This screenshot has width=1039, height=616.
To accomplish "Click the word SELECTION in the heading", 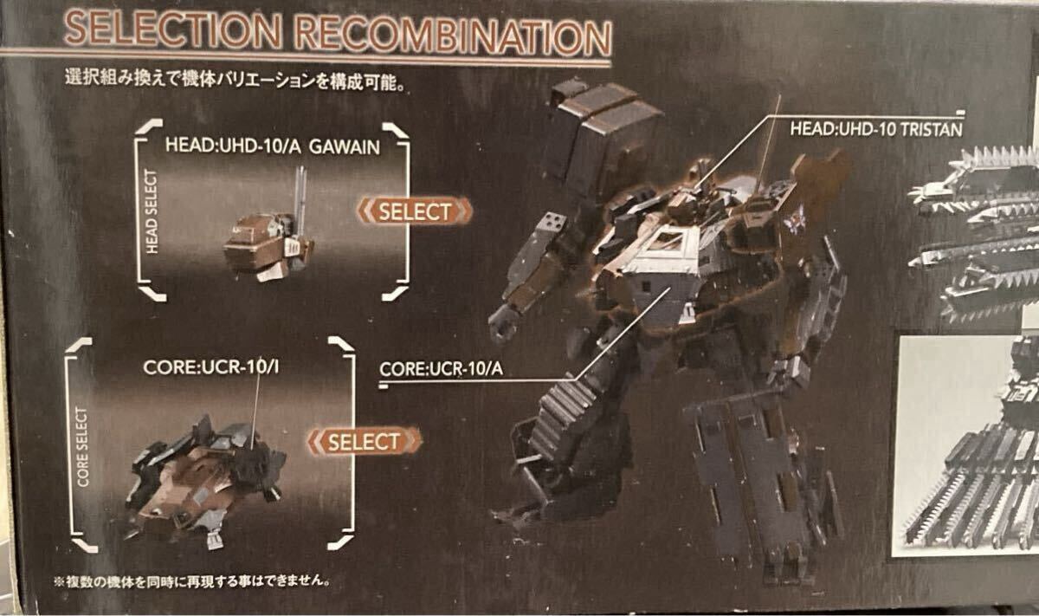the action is [172, 30].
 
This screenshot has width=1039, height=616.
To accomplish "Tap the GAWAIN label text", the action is [345, 147].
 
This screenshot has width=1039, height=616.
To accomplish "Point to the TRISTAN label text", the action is [931, 129].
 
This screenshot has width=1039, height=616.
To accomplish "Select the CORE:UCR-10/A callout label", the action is [441, 369].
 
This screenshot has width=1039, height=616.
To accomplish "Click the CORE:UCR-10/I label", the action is [211, 367].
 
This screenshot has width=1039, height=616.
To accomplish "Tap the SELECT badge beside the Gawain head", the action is [415, 211].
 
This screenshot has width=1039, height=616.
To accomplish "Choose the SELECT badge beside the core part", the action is [365, 441].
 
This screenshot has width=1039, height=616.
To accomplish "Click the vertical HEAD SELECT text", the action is [152, 211].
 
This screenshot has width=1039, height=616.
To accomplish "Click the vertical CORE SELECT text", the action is [82, 447].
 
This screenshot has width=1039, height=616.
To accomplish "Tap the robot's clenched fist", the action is [505, 322].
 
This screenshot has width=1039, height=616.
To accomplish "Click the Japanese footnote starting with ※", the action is [191, 581].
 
